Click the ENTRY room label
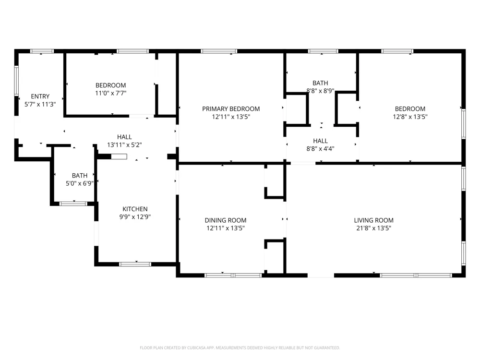coord(40,96)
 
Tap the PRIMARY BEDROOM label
coord(231,109)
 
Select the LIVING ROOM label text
coord(374,220)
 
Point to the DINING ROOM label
coord(226,220)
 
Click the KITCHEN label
coord(135,209)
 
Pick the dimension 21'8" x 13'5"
coord(374,228)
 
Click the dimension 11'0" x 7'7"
coord(111,93)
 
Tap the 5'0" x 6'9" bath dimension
coord(80,184)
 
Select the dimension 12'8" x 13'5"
coord(410,117)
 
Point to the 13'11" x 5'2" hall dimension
coord(125,145)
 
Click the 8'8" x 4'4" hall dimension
coord(321,149)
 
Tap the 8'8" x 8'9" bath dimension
coord(321,91)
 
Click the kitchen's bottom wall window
coord(135,264)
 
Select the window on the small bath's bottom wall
coord(73,204)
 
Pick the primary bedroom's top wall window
coord(219,51)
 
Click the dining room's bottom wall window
coord(233,276)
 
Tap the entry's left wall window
coord(16,81)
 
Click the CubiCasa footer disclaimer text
coord(240,348)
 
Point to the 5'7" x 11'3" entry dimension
coord(40,104)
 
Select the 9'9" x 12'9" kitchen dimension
coord(135,217)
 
